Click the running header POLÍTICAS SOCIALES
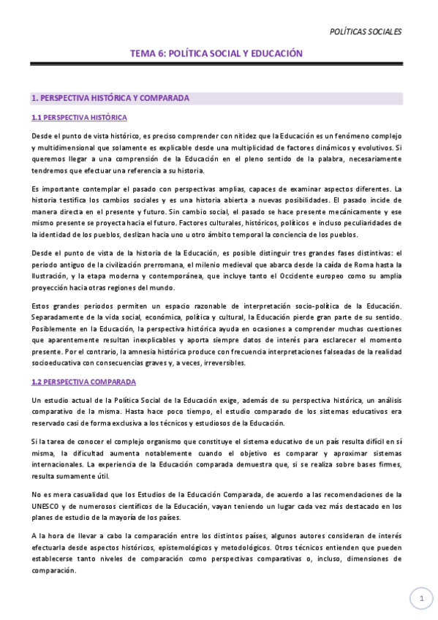(366, 31)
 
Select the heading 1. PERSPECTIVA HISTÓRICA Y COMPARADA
(110, 97)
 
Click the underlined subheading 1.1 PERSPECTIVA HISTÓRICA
(80, 118)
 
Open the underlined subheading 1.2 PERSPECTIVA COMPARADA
(83, 382)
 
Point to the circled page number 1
(421, 599)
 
